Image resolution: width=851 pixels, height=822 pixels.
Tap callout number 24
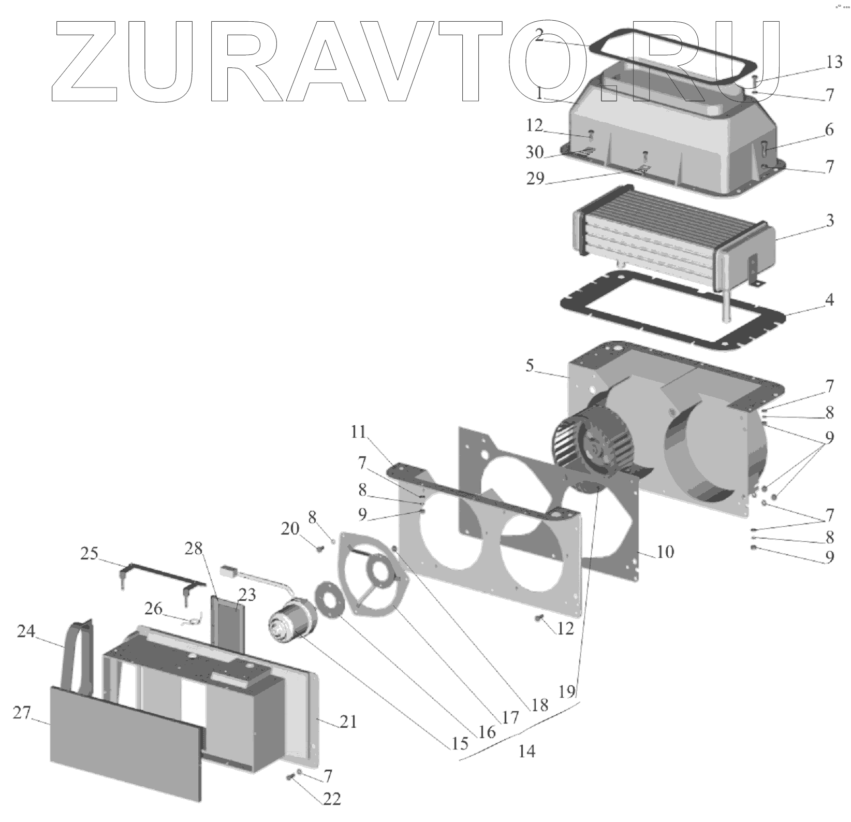(26, 631)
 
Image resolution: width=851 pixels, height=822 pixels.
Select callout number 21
(348, 721)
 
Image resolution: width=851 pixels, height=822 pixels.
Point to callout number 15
(460, 744)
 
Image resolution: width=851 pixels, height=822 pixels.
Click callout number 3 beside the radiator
(830, 221)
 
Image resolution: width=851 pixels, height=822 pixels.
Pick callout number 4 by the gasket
(830, 300)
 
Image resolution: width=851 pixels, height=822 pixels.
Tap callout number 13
(834, 63)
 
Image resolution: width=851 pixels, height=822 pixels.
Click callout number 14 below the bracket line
(526, 751)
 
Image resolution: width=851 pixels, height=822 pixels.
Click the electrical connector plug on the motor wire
(228, 572)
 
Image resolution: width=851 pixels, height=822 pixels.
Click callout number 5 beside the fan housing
(530, 366)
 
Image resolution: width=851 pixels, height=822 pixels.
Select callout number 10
(665, 552)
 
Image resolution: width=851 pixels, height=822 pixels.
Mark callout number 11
(358, 432)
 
